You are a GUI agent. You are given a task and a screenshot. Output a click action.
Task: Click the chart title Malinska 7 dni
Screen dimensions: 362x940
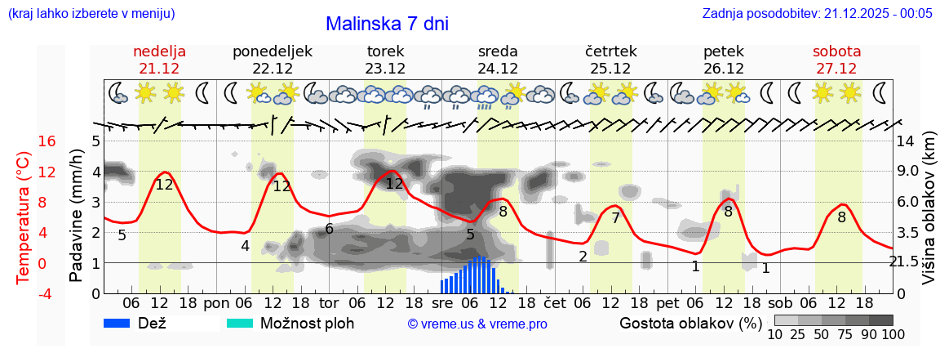[387, 24]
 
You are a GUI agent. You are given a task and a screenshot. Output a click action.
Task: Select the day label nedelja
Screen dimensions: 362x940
[160, 51]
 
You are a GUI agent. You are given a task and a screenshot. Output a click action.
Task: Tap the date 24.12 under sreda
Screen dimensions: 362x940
[498, 69]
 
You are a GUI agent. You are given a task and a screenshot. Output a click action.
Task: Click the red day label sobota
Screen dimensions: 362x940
[836, 51]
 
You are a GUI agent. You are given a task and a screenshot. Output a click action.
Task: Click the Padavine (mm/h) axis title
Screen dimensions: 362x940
[76, 216]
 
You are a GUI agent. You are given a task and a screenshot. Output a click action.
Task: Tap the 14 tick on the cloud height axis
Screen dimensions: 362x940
[905, 141]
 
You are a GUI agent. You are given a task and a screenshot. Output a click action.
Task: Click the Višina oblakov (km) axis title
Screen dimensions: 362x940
[929, 208]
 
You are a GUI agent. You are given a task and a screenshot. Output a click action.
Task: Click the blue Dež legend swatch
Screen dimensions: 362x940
[122, 323]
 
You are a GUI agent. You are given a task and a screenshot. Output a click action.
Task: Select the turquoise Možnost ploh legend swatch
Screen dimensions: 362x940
[240, 323]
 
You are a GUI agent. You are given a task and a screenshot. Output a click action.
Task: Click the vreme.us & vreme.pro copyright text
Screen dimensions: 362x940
[477, 324]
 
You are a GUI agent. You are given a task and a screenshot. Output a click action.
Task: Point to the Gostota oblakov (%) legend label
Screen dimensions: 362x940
[690, 323]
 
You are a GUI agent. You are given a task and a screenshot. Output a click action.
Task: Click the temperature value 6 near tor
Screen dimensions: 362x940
[330, 229]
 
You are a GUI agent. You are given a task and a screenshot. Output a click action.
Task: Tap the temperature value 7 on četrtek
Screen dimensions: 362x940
[616, 218]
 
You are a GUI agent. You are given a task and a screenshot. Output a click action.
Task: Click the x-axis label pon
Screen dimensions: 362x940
[216, 302]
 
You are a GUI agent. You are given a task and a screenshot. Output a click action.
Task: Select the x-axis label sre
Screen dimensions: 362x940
[441, 302]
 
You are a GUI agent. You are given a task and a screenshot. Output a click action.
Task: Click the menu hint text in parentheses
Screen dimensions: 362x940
[91, 14]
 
